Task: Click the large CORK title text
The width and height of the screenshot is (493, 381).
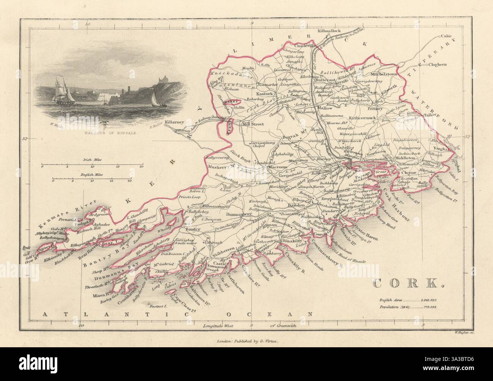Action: (405, 283)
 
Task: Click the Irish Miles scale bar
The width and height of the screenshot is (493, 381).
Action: (93, 166)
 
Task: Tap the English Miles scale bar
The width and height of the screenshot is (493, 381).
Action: (93, 181)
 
